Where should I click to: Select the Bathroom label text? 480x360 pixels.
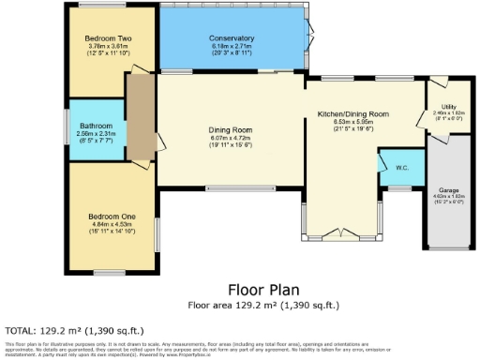tap(96, 126)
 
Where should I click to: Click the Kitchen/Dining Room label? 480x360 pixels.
tap(366, 113)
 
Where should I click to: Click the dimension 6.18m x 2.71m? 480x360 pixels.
tap(231, 46)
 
